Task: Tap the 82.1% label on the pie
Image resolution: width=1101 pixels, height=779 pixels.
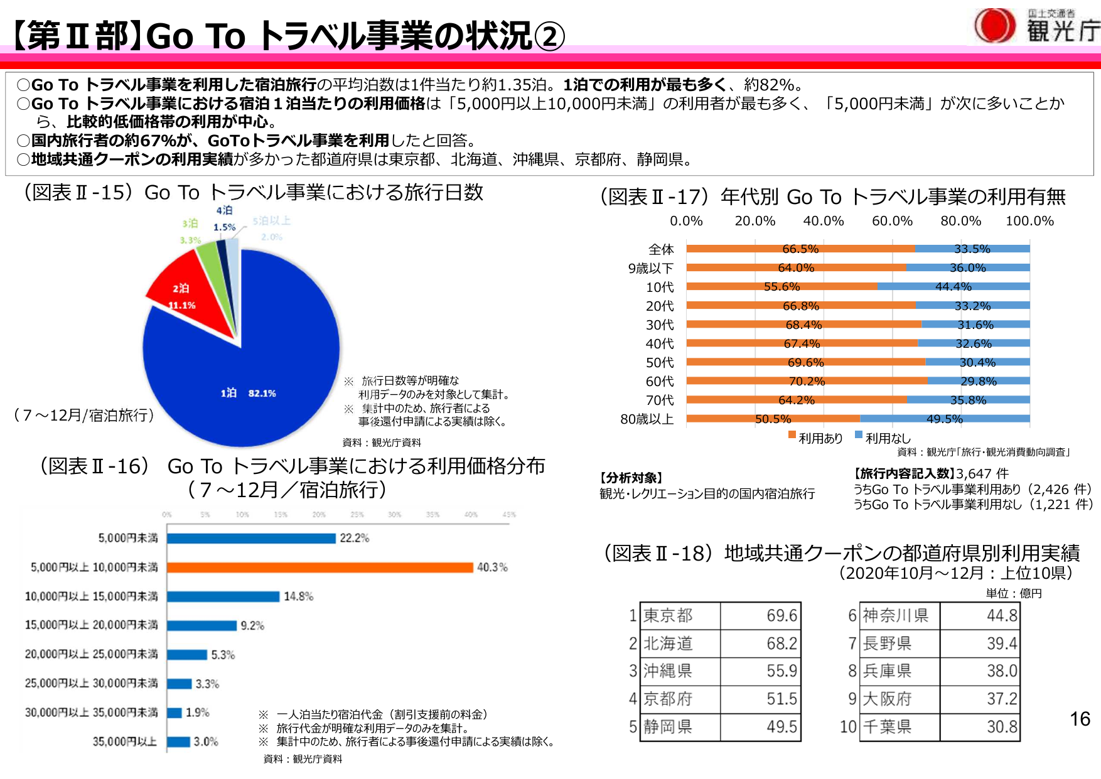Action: point(262,394)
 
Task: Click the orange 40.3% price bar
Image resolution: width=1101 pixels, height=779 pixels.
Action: point(320,567)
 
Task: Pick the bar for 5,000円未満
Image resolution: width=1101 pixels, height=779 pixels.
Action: point(251,539)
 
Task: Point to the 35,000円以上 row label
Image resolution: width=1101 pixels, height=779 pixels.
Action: point(125,742)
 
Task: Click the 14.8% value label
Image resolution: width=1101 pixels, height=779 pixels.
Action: point(298,596)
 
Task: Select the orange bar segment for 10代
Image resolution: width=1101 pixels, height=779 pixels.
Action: point(781,287)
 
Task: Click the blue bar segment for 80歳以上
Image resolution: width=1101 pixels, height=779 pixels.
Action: point(945,419)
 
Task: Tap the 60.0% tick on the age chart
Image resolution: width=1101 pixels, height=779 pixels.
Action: point(892,221)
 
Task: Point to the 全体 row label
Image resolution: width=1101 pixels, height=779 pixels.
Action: point(661,249)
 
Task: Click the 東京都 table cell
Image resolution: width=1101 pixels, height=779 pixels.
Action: point(669,616)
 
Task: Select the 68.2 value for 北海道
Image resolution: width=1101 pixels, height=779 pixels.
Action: point(781,643)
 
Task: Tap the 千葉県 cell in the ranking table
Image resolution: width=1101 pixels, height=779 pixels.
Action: point(887,727)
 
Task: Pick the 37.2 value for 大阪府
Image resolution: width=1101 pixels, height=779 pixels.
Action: point(1001,699)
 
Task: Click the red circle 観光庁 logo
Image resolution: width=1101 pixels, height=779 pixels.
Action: point(994,26)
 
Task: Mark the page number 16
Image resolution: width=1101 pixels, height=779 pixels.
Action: point(1080,719)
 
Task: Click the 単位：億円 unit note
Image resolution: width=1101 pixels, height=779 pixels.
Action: point(1013,593)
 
